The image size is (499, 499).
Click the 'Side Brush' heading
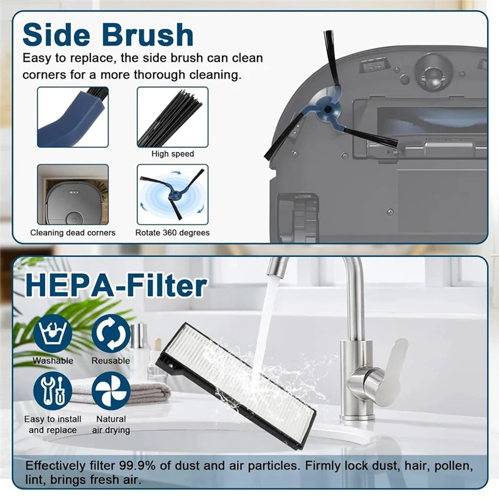click(x=107, y=34)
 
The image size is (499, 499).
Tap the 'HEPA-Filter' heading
click(x=115, y=286)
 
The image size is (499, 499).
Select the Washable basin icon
click(x=52, y=334)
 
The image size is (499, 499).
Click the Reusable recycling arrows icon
click(x=111, y=334)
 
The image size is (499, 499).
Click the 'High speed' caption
click(x=173, y=154)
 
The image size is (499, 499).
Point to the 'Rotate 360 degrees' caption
click(x=173, y=233)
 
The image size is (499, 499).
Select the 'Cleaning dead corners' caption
click(x=73, y=233)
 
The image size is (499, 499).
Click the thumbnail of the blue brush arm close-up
click(x=73, y=117)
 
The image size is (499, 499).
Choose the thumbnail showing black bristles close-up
click(x=173, y=117)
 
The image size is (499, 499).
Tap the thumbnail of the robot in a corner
click(x=73, y=194)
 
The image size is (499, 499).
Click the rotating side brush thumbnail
click(x=173, y=194)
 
